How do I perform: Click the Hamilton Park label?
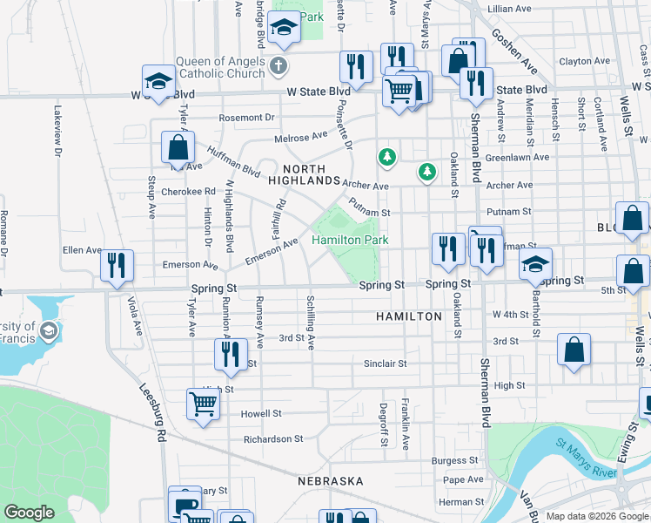pos(349,239)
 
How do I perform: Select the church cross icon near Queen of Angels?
pos(277,65)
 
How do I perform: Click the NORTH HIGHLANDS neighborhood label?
pos(303,174)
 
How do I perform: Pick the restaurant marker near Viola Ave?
pos(117,265)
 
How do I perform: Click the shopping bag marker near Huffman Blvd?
pos(178,148)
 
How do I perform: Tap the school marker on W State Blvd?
pos(158,83)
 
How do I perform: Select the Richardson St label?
pos(273,439)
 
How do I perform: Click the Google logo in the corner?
pos(29,513)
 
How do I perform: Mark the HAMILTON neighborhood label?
pos(409,316)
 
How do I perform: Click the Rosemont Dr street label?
pos(246,118)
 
